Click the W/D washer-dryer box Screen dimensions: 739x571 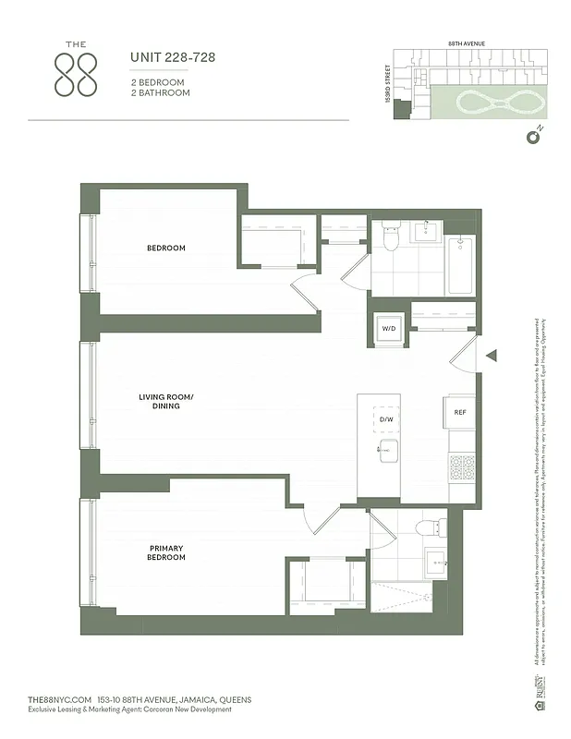386,328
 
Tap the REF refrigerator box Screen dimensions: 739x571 459,412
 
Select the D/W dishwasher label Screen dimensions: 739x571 386,419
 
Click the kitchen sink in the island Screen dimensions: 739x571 387,451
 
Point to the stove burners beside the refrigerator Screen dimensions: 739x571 460,469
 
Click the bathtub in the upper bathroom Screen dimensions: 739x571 460,266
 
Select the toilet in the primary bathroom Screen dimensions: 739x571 426,528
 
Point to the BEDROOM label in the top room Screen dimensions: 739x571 166,248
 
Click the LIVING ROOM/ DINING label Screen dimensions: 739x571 166,401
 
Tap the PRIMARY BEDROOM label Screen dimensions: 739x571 167,552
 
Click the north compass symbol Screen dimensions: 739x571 531,138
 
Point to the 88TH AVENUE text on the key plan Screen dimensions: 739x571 467,43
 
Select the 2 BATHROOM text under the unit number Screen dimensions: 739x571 161,93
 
